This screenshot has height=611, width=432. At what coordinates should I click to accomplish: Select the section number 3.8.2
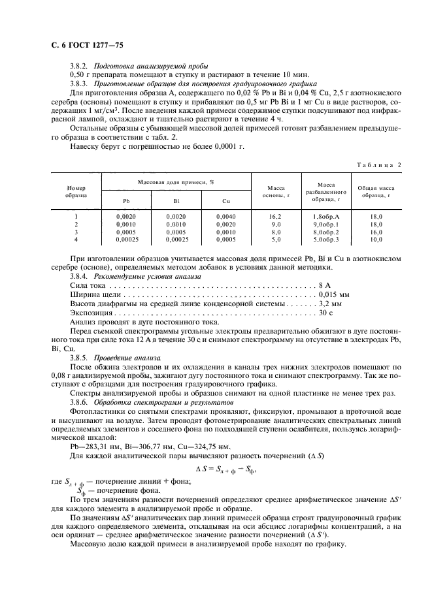pos(81,67)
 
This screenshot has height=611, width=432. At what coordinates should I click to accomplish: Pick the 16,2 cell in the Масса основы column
pos(276,216)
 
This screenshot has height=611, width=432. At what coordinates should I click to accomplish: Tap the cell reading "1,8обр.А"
pos(326,216)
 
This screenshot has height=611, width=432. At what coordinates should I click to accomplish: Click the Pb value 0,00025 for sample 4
pos(126,240)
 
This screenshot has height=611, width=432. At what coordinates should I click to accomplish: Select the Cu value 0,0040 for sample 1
pos(226,216)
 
